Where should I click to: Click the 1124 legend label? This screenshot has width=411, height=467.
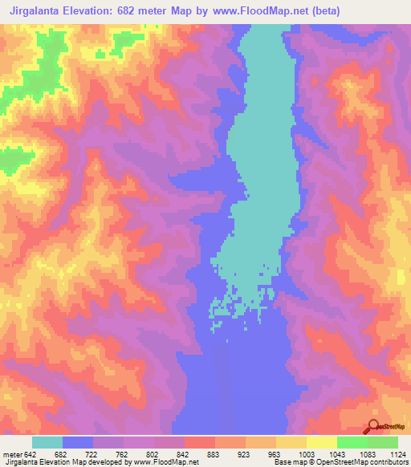(x=397, y=453)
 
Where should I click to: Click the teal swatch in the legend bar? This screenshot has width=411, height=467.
(x=47, y=442)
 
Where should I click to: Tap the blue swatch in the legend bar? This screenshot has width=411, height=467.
(x=78, y=442)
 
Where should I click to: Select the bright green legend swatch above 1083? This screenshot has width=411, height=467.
(x=352, y=442)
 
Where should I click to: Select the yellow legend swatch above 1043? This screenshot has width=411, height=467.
(x=322, y=442)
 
